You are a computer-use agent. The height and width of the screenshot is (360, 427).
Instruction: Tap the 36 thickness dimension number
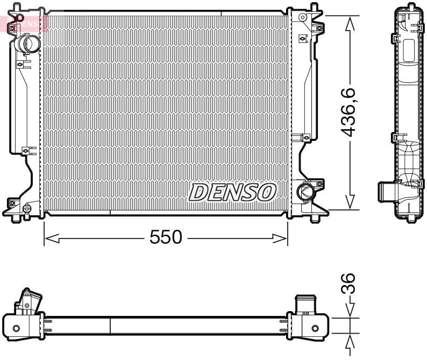(x=350, y=283)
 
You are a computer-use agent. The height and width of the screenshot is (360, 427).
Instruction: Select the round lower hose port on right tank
(x=305, y=191)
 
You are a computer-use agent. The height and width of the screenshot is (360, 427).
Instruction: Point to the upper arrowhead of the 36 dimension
(x=351, y=311)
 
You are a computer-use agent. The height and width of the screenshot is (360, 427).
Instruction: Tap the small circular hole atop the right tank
(x=303, y=17)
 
